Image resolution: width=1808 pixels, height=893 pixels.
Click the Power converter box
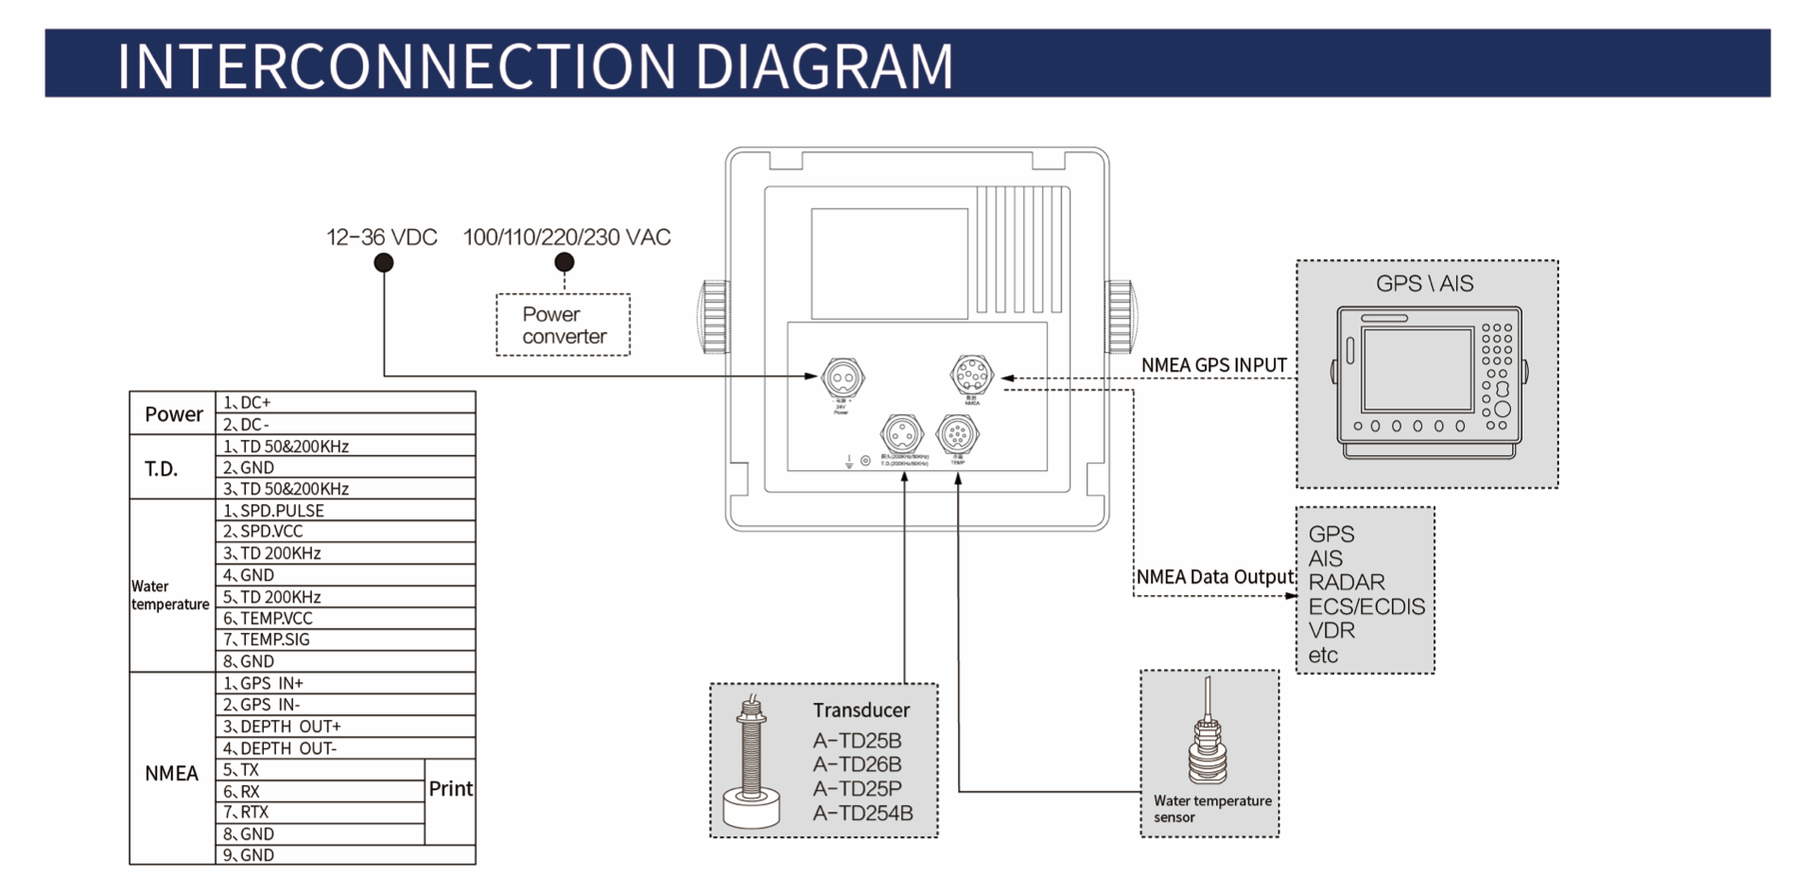[563, 324]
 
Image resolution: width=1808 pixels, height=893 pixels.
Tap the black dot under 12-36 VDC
[383, 263]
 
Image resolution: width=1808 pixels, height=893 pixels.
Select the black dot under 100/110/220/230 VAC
[565, 262]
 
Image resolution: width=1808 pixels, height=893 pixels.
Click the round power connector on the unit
[842, 377]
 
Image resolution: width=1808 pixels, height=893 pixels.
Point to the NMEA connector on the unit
[971, 376]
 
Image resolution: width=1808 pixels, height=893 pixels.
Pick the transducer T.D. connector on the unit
[901, 435]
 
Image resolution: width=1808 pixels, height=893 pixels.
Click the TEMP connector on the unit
[957, 434]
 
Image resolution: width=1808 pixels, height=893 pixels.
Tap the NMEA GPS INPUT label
[1213, 365]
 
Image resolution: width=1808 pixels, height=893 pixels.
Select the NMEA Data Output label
[1214, 577]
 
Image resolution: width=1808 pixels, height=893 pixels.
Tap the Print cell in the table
[450, 789]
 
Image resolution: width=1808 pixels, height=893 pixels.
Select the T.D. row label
[162, 468]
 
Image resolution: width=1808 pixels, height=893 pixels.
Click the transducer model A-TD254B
[862, 813]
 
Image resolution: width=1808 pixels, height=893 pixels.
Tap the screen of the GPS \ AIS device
[1417, 370]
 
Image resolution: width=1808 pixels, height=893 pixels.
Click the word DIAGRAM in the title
[824, 66]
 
